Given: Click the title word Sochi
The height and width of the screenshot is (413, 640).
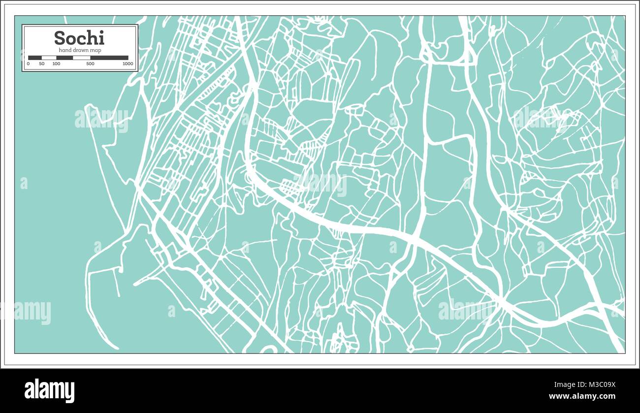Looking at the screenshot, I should (79, 38).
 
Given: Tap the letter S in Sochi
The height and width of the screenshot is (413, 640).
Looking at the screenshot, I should (59, 38).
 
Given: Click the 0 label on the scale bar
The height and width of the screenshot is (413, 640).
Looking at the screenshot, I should (28, 64).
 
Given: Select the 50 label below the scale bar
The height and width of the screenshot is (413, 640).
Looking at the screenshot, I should (42, 64).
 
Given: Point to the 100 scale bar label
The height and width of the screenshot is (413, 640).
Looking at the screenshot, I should (56, 64).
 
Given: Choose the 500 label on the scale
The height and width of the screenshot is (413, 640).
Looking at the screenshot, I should (90, 64).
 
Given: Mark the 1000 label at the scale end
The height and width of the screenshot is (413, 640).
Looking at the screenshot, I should (128, 64).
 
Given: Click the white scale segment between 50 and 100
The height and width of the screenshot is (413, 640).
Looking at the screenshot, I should (49, 58).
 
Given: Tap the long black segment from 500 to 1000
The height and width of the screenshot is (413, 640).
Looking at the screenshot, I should (109, 58).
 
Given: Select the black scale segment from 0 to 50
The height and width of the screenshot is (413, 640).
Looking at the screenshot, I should (35, 58).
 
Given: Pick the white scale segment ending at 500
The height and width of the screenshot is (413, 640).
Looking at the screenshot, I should (82, 58).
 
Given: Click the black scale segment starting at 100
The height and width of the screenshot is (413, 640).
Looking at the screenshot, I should (64, 58).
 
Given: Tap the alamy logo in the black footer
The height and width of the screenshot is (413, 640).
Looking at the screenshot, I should (49, 390).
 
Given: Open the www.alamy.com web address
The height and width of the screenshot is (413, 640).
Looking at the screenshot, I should (582, 396).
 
